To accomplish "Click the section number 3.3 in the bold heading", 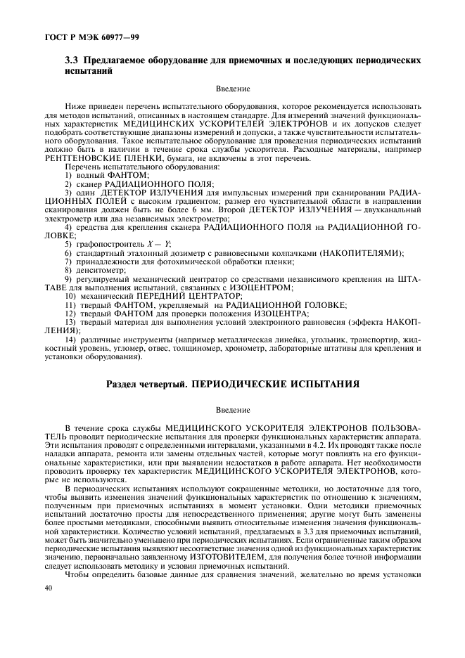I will pos(72,61).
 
